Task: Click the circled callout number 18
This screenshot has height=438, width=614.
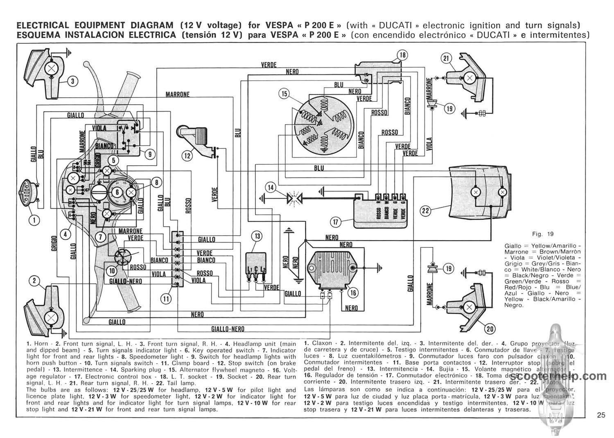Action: [402, 55]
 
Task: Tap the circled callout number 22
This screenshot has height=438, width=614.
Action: [426, 211]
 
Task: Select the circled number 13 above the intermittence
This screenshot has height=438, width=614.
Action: [257, 236]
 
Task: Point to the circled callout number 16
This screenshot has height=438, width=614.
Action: [353, 292]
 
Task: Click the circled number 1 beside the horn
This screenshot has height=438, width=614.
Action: [34, 221]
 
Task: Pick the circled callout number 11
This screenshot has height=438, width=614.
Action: [166, 299]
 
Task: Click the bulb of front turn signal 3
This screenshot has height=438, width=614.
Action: [52, 67]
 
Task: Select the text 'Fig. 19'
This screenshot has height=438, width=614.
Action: [542, 234]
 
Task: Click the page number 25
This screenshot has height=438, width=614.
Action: [600, 415]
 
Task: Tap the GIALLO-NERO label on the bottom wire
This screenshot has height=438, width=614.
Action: [228, 329]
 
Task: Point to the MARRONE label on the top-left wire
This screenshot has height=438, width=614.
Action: [177, 94]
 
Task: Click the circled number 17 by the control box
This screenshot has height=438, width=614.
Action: [336, 222]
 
